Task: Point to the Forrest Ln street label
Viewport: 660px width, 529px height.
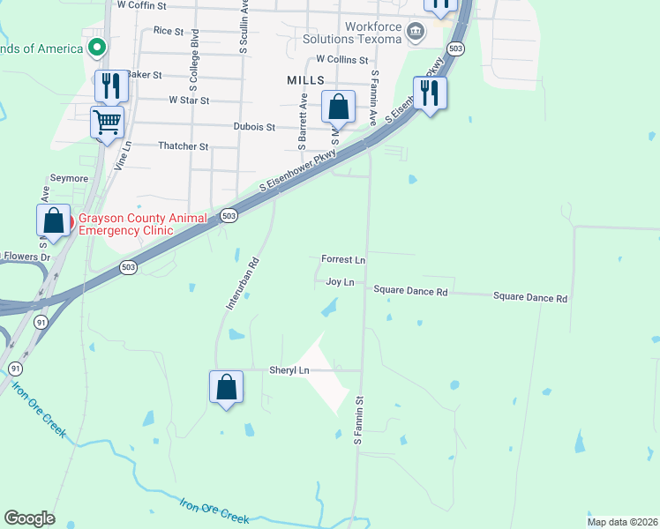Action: pyautogui.click(x=343, y=260)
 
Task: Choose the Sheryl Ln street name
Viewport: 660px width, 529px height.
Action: pyautogui.click(x=290, y=370)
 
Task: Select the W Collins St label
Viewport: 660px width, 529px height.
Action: pyautogui.click(x=341, y=59)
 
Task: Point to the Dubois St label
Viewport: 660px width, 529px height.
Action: pyautogui.click(x=255, y=127)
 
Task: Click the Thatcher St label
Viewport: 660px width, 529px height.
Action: pyautogui.click(x=183, y=146)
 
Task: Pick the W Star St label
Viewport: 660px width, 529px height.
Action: pyautogui.click(x=188, y=101)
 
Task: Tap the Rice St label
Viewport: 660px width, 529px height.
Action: pyautogui.click(x=168, y=30)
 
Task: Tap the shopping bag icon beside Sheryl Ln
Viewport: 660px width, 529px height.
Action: pyautogui.click(x=226, y=386)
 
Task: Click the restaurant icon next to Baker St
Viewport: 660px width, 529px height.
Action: pyautogui.click(x=111, y=86)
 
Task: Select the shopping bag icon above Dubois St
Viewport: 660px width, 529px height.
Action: pyautogui.click(x=338, y=107)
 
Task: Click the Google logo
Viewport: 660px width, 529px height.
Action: pyautogui.click(x=29, y=518)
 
